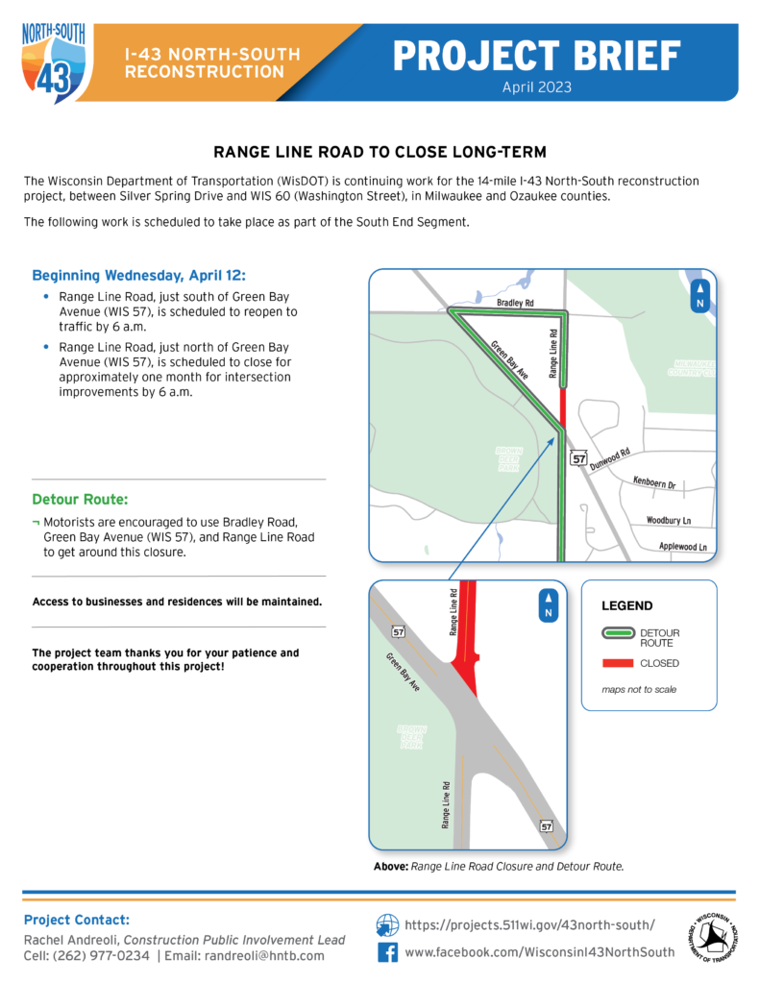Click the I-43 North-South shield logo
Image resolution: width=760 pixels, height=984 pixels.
(54, 60)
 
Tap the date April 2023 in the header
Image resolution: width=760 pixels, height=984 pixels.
(537, 86)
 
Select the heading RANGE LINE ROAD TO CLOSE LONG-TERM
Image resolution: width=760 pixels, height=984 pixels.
(380, 153)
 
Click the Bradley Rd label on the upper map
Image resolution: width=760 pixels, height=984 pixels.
(515, 303)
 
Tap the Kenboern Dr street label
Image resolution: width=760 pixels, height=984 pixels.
(654, 483)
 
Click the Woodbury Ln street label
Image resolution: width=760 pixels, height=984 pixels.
(669, 520)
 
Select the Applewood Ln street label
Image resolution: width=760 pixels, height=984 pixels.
(684, 547)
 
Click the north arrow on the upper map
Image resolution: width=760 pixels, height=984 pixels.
(701, 296)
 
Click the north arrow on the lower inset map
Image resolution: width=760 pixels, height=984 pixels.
(548, 605)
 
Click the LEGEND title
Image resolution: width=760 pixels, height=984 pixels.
(626, 606)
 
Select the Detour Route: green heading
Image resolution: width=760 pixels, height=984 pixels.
(80, 500)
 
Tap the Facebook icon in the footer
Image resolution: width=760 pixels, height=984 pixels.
(387, 952)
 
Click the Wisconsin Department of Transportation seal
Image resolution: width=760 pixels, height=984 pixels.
(712, 938)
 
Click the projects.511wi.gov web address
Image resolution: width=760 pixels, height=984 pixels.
(529, 924)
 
